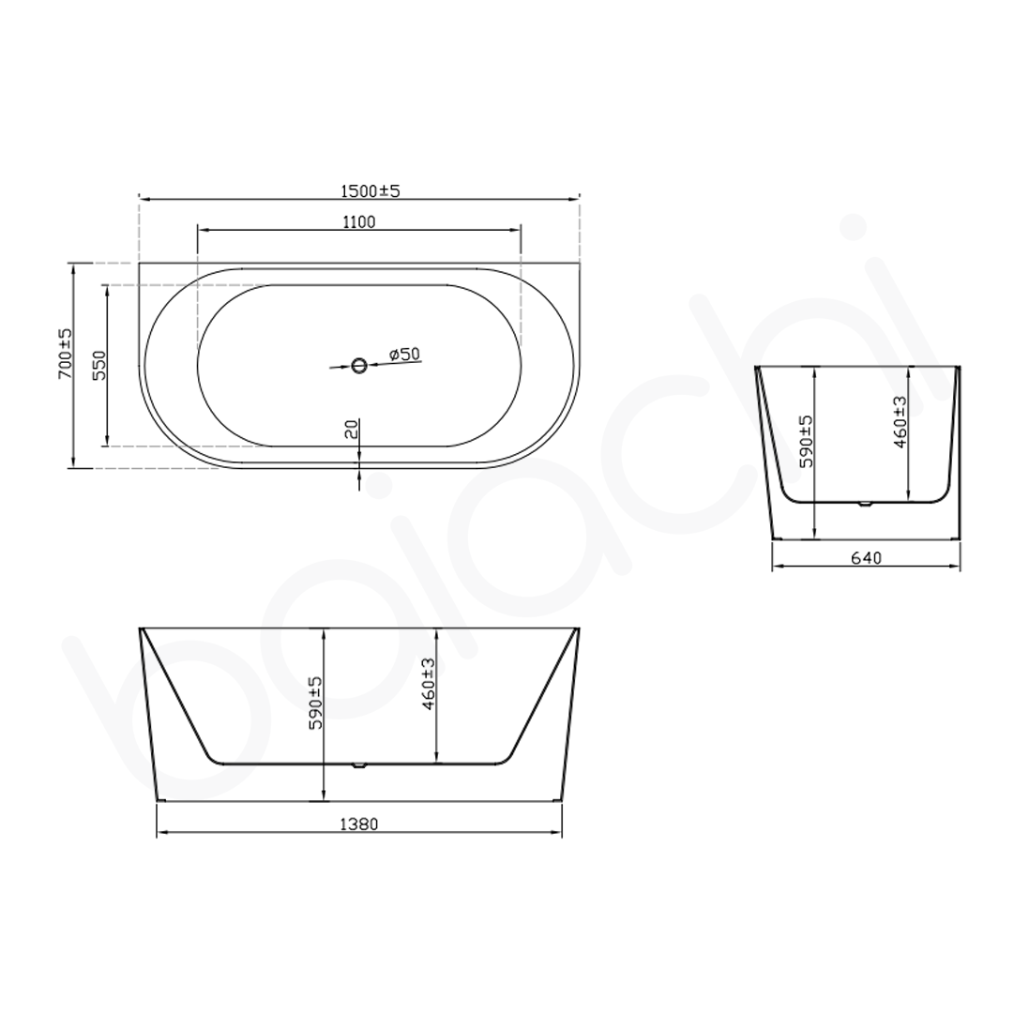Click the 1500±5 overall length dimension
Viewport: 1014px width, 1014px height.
[370, 190]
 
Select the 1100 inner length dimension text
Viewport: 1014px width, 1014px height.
[358, 222]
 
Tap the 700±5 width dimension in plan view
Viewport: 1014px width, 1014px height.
[64, 354]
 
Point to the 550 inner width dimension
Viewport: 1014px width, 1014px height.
[99, 364]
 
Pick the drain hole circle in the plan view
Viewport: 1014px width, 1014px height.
[358, 366]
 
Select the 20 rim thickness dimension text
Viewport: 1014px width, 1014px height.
[350, 429]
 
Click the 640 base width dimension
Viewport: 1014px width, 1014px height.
[866, 558]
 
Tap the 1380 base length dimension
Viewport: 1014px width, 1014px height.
[358, 825]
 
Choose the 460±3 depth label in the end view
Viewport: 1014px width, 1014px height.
[900, 422]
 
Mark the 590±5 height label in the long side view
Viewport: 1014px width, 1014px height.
[315, 704]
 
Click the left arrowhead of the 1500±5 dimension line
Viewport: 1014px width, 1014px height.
[144, 199]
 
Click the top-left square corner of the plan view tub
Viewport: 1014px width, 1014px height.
[140, 264]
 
